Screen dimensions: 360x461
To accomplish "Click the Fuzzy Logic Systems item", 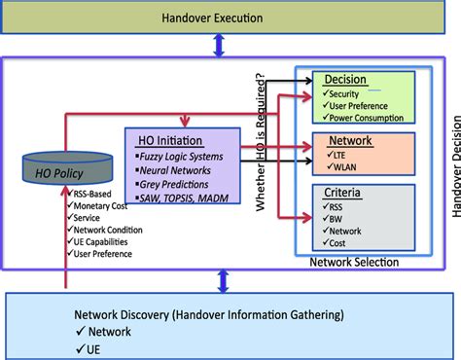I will pos(181,156).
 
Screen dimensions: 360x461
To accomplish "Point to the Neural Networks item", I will pos(175,169).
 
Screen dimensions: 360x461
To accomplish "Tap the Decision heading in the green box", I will pos(345,80).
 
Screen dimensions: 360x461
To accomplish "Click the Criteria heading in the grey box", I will pos(344,194).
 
